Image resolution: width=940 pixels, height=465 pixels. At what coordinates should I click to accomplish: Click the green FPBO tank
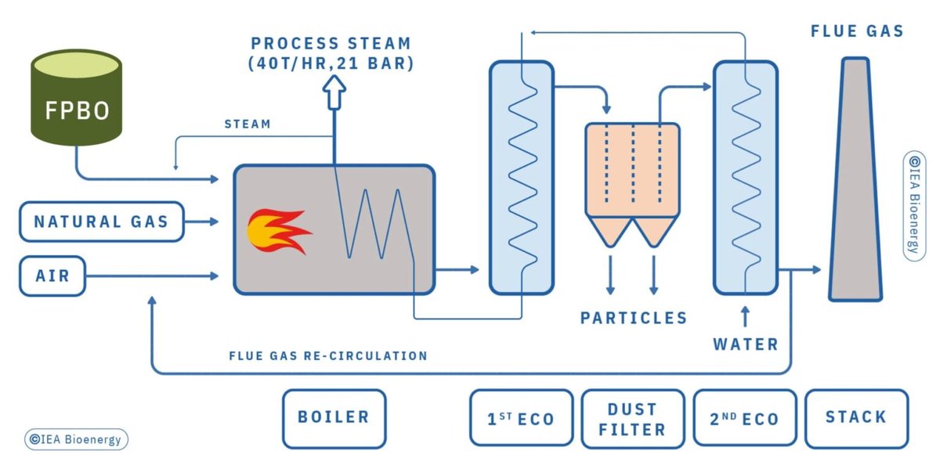point(76,100)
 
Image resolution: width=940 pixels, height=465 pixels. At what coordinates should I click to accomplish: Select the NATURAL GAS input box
point(100,222)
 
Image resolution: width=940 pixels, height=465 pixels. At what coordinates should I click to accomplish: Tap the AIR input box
point(52,276)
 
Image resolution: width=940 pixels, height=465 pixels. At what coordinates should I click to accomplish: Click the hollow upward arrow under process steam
point(335,94)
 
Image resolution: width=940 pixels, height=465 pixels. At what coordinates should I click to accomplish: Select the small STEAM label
point(248,124)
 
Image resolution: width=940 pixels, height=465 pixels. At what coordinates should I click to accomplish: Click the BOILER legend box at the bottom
point(334,417)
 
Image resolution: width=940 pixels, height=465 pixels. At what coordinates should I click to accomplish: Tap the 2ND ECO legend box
point(745,419)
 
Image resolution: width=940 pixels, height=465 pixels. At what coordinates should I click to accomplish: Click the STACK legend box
point(856,417)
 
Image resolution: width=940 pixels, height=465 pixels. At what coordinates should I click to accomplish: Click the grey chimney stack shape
point(855,180)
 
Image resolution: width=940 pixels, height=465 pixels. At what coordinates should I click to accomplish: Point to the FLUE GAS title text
point(857,32)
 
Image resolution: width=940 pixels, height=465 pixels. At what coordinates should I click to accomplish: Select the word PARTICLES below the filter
point(633,318)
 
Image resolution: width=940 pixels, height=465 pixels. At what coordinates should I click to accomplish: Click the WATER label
point(745,344)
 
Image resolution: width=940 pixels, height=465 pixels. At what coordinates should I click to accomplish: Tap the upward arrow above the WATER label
point(745,315)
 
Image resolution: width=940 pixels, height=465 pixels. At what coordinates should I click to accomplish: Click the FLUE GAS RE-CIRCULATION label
point(328,355)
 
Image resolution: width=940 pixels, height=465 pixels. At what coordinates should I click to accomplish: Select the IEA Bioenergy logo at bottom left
point(76,439)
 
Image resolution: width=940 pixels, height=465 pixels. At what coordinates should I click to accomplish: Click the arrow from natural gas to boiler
point(202,222)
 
